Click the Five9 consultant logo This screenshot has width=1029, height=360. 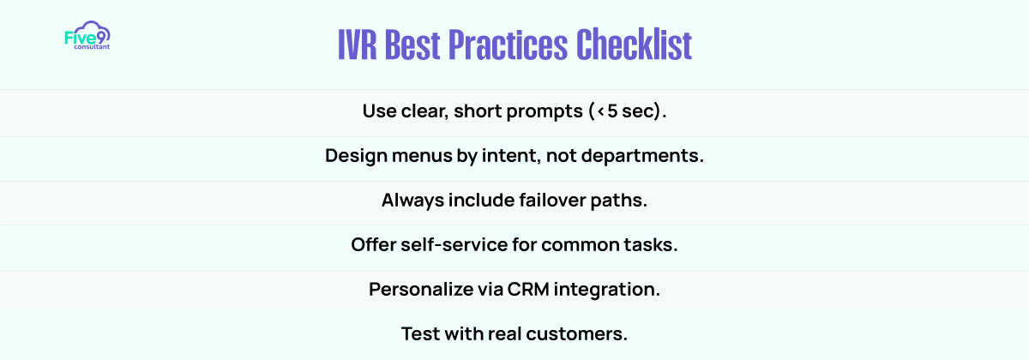coord(87,35)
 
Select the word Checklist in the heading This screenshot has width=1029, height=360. coord(634,45)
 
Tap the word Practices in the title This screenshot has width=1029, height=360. coord(508,45)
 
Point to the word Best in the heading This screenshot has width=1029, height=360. coord(412,45)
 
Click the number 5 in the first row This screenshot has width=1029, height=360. coord(612,111)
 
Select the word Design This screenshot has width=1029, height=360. coord(356,156)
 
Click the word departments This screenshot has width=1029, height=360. coord(642,156)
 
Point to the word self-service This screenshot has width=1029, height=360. coord(454,245)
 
